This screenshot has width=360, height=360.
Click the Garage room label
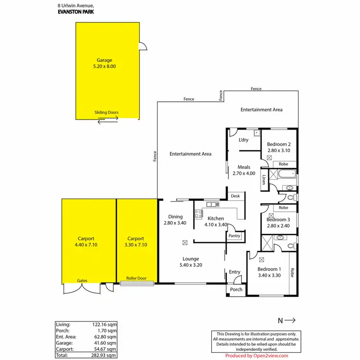pos(104,60)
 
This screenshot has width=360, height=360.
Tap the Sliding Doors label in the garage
pos(107,113)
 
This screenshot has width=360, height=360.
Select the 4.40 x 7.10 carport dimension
pos(86,245)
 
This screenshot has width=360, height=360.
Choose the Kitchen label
pos(216,218)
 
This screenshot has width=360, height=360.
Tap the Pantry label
pos(234,236)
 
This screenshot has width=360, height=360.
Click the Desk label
pos(235,196)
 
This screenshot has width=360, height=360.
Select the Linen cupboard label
pos(264,180)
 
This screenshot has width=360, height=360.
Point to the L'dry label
pos(243,140)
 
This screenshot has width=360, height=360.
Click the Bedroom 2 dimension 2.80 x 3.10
pos(279,151)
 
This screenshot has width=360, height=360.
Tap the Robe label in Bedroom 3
pos(284,208)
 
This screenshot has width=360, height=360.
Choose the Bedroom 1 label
pos(269,269)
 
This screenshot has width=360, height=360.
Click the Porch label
pos(236,289)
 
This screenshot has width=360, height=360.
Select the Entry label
pos(234,272)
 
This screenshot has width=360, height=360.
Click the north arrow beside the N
pos(291,320)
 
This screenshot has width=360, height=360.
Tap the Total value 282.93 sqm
pos(105,356)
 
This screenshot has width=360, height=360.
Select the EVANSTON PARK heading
pos(75,12)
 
